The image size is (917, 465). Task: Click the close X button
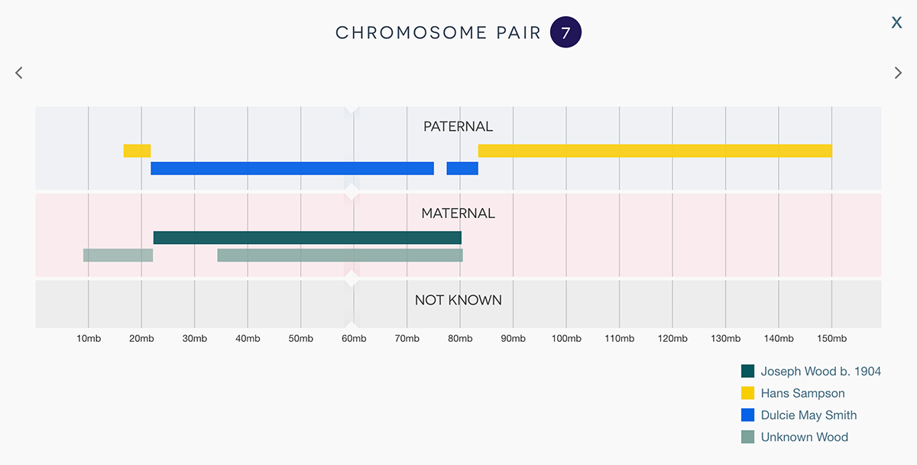pyautogui.click(x=896, y=23)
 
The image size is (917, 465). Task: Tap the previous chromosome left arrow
pyautogui.click(x=19, y=73)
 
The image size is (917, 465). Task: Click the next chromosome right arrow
pyautogui.click(x=898, y=73)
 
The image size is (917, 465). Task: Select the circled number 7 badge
pyautogui.click(x=565, y=33)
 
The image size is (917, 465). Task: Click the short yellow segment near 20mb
pyautogui.click(x=137, y=151)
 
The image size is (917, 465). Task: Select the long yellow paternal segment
pyautogui.click(x=655, y=151)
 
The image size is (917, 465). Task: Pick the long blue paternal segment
pyautogui.click(x=292, y=168)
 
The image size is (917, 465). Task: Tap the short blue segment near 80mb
pyautogui.click(x=462, y=168)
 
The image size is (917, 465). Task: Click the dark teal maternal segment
pyautogui.click(x=307, y=238)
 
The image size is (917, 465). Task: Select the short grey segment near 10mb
pyautogui.click(x=118, y=255)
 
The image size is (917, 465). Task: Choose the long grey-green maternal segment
pyautogui.click(x=340, y=255)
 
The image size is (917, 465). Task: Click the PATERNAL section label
pyautogui.click(x=458, y=126)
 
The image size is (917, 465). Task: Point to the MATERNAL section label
pyautogui.click(x=458, y=213)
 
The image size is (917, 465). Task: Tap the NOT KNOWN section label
pyautogui.click(x=458, y=300)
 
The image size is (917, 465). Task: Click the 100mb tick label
pyautogui.click(x=565, y=339)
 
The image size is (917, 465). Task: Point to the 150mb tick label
pyautogui.click(x=831, y=339)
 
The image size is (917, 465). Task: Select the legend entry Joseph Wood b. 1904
pyautogui.click(x=820, y=372)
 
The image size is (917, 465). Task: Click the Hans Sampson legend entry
pyautogui.click(x=802, y=393)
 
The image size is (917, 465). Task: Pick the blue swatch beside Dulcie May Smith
pyautogui.click(x=748, y=415)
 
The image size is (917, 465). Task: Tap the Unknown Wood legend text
pyautogui.click(x=804, y=437)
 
